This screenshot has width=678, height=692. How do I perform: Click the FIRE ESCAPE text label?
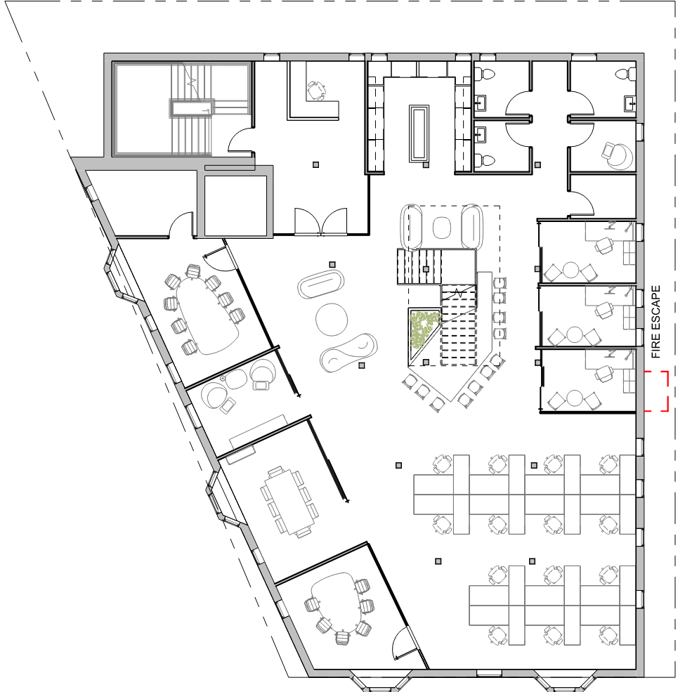click(656, 322)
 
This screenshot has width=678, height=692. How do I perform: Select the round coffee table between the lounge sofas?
click(332, 320)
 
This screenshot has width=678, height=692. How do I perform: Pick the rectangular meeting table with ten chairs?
click(287, 502)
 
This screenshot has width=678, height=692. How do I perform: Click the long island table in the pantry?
click(419, 133)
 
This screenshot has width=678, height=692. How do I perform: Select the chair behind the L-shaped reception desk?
click(316, 90)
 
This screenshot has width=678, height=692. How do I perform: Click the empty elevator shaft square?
click(235, 206)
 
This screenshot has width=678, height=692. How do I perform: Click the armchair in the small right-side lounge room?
click(617, 155)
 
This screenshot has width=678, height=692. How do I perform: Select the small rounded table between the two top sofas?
click(441, 228)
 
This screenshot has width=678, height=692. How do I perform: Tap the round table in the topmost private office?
click(571, 270)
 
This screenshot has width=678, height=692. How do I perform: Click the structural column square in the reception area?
click(315, 164)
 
